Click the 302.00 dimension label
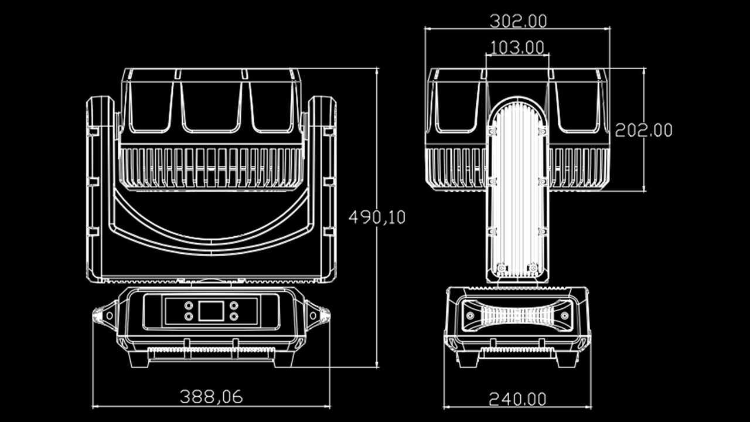(518, 21)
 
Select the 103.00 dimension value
(517, 47)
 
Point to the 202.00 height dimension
(643, 130)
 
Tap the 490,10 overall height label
(377, 217)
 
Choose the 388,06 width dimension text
(211, 397)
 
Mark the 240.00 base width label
(517, 399)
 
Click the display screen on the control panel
(211, 311)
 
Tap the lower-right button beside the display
(234, 316)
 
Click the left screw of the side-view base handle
(470, 315)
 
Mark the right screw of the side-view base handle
(564, 315)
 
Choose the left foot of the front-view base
(138, 358)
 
